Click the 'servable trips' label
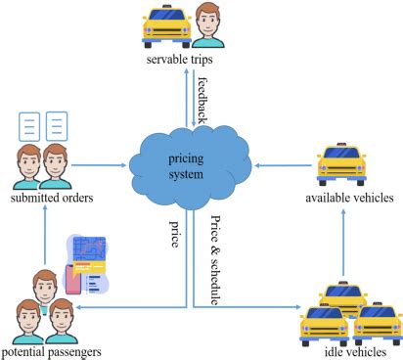(x=179, y=60)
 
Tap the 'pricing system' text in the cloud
(x=186, y=166)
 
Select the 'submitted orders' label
(x=52, y=198)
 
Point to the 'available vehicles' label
(x=349, y=198)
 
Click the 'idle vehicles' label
(x=356, y=352)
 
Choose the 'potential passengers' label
(x=52, y=352)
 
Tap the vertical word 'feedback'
(x=202, y=101)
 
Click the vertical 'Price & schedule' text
(x=215, y=260)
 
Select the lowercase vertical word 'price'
(x=175, y=234)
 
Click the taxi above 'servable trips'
(x=166, y=26)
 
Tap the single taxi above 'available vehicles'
(x=341, y=164)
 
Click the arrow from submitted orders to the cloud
(x=99, y=165)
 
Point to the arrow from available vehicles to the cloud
(x=283, y=165)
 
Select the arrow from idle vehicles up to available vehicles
(x=343, y=243)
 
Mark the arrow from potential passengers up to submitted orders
(x=45, y=235)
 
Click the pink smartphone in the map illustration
(x=72, y=280)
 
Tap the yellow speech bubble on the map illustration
(x=89, y=267)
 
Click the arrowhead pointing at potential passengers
(x=78, y=307)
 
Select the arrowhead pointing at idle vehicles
(x=298, y=307)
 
